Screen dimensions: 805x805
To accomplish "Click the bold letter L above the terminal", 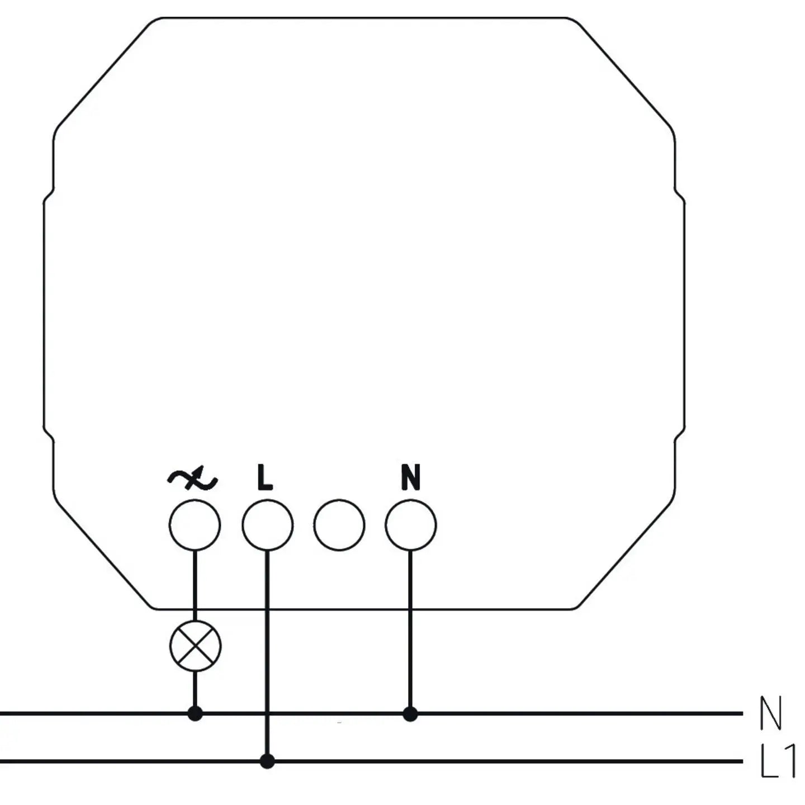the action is [265, 477].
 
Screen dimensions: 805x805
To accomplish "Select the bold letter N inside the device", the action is [410, 477].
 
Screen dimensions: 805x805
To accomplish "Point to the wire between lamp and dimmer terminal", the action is [195, 586].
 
